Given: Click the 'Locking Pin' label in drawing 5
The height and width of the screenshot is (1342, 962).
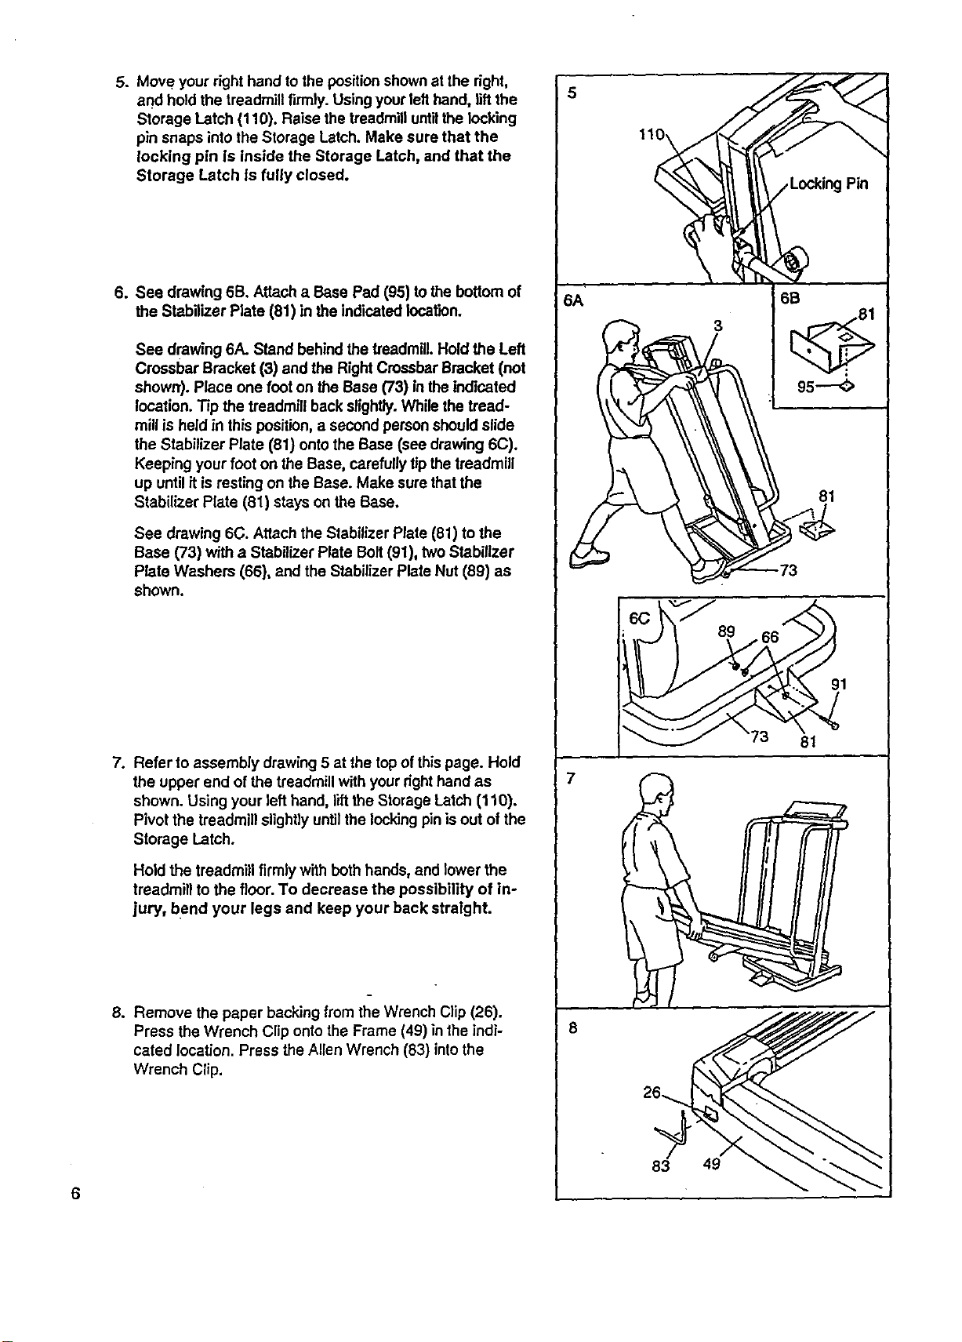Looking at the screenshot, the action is [x=829, y=184].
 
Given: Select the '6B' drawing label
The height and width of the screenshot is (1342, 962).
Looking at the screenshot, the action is [x=790, y=298].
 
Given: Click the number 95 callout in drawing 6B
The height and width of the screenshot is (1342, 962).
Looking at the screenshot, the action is [x=806, y=387].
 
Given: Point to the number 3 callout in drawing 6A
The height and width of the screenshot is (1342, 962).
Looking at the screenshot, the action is [x=717, y=325].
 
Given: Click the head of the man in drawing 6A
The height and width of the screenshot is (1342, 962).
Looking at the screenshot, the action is [x=621, y=339].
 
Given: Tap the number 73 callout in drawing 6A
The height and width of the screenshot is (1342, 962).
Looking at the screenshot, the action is [x=789, y=569].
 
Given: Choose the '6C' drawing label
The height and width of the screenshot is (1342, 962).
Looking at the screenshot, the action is [x=640, y=618].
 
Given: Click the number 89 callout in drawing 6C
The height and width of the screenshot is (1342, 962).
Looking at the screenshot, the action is [x=727, y=631].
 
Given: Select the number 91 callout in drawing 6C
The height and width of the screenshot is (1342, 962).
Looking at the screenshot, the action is [x=839, y=684].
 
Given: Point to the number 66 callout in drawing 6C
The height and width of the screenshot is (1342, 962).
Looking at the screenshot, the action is [x=771, y=637].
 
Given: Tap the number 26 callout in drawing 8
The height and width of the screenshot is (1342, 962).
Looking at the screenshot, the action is [x=652, y=1092].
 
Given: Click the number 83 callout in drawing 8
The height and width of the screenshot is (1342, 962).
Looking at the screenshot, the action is [x=660, y=1166].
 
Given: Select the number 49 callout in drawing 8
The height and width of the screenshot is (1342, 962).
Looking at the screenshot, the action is [x=712, y=1163].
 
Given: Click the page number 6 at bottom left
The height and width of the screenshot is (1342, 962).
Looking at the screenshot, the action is [x=75, y=1192].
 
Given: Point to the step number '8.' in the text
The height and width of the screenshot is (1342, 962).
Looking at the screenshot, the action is [x=118, y=1013].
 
